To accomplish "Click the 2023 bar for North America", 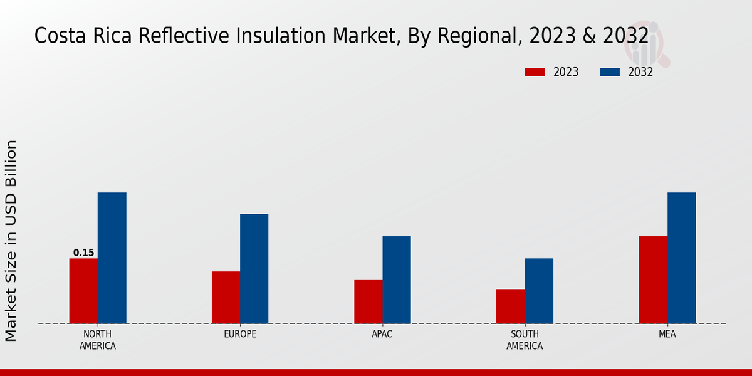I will (83, 291).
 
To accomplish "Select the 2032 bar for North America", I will (112, 258).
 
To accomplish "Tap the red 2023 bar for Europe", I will (226, 297).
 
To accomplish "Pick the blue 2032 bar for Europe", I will (254, 269).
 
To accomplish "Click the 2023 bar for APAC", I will (368, 301).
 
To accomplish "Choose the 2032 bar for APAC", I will (397, 279).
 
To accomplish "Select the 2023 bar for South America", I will (510, 306).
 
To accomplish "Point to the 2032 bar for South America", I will (539, 291).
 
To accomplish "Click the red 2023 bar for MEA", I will (653, 279).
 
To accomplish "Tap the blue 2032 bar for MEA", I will (681, 258).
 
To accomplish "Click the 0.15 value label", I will (83, 253).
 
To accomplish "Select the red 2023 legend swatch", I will (535, 72).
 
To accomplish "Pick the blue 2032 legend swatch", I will (610, 72).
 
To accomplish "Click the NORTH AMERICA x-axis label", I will (98, 340).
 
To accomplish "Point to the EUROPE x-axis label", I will (240, 334).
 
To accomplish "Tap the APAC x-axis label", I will (382, 334).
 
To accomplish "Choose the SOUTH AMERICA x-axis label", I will (525, 340).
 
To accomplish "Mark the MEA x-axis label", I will (667, 334).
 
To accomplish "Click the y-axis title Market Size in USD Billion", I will (11, 241).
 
